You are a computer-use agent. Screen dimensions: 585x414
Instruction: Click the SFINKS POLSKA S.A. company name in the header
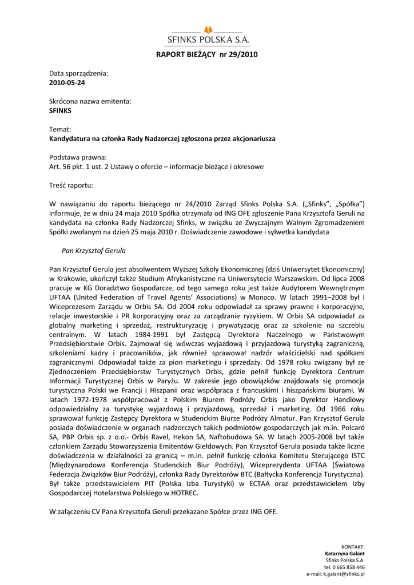(x=208, y=40)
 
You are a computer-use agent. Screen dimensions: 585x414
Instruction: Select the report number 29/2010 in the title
(x=244, y=55)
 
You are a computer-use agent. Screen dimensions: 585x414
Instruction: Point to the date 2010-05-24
(x=67, y=82)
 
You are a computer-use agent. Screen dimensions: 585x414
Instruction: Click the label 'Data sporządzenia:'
(x=78, y=74)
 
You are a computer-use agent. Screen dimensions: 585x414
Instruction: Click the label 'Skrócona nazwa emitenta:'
(x=90, y=101)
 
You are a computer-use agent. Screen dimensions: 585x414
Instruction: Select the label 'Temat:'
(x=60, y=130)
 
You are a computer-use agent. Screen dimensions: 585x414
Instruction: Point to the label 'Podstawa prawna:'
(x=78, y=158)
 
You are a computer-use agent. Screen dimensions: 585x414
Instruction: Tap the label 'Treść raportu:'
(x=71, y=185)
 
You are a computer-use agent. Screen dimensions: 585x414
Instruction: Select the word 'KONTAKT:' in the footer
(x=353, y=547)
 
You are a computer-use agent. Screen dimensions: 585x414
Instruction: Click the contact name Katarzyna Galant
(x=345, y=554)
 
